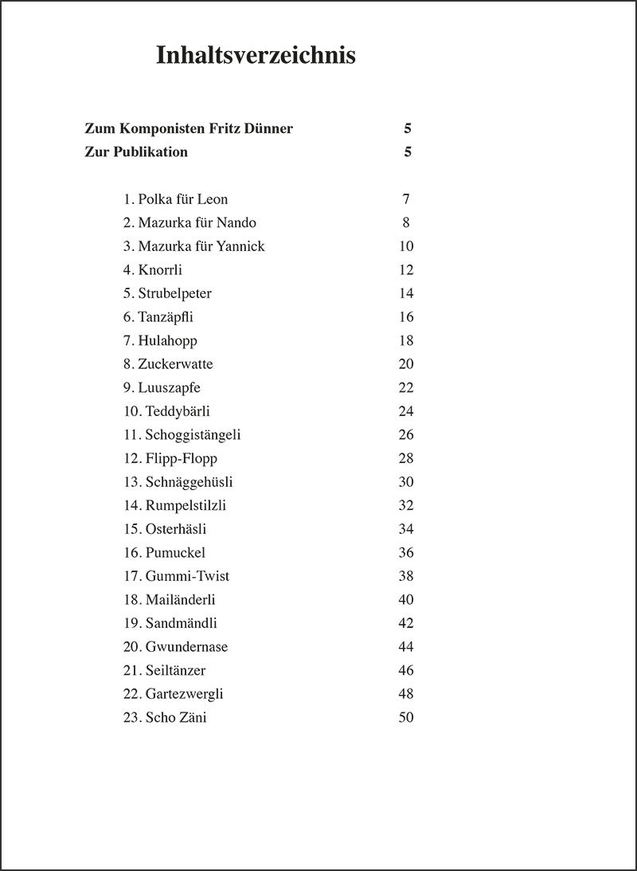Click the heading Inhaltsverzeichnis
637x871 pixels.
click(256, 56)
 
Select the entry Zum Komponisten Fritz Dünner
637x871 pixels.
click(189, 128)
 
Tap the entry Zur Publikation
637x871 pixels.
click(136, 152)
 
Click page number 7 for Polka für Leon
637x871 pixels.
click(406, 199)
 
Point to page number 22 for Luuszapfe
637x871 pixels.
click(406, 387)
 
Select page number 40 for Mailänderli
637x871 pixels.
click(406, 599)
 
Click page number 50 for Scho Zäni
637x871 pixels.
click(406, 717)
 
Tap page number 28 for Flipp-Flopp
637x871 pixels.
click(406, 458)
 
